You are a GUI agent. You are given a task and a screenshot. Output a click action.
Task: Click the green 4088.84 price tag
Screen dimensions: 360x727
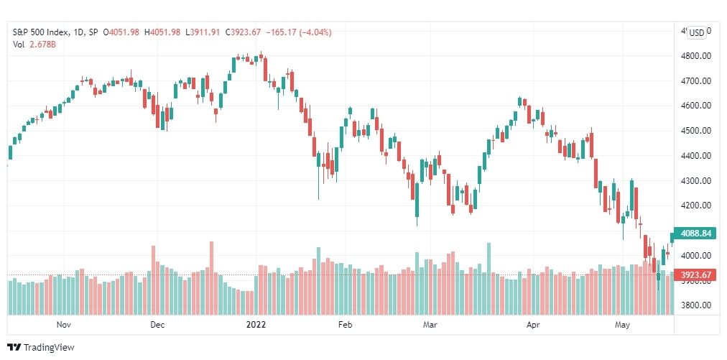pos(695,234)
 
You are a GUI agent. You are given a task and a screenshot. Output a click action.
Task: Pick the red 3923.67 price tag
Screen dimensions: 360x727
pos(695,274)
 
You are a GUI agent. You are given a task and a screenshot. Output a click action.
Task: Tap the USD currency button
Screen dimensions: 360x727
pos(696,33)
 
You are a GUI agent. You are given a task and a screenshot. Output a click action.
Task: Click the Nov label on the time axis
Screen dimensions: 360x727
pos(65,325)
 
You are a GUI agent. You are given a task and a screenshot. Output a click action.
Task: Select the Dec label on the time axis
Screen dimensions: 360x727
pos(158,325)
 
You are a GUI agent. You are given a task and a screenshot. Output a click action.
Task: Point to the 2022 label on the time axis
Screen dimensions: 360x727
pos(256,325)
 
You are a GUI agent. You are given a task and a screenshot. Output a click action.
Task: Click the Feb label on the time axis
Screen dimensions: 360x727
pos(346,325)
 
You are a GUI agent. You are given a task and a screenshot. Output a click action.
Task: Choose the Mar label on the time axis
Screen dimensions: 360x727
pos(430,325)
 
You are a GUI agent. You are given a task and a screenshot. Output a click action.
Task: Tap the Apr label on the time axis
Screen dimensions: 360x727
pos(533,325)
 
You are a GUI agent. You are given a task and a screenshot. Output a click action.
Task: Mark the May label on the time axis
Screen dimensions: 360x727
pos(623,325)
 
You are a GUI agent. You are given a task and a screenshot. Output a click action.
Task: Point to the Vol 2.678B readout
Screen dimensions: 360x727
pos(34,45)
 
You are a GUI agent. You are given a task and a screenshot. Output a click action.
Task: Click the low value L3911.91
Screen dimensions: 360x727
pos(204,32)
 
